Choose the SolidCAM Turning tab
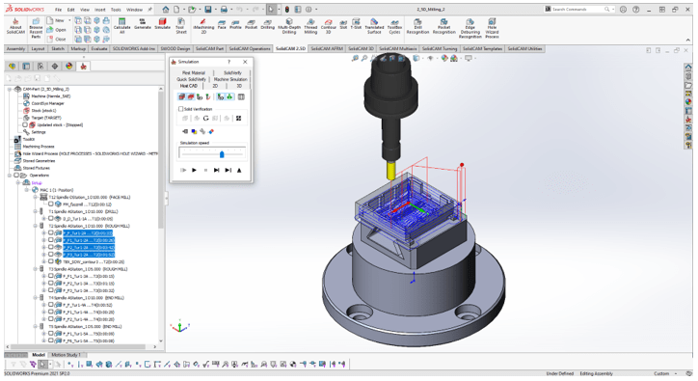(x=440, y=48)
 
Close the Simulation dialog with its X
(x=245, y=62)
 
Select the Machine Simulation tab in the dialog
(x=230, y=79)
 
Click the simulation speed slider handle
(x=222, y=154)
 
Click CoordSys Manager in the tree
(x=48, y=103)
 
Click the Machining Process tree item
(x=39, y=147)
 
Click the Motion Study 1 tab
(x=66, y=355)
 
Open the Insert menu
(x=100, y=10)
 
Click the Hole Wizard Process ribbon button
(x=492, y=29)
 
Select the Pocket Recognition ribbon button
(x=444, y=29)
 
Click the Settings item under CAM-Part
(x=38, y=132)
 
